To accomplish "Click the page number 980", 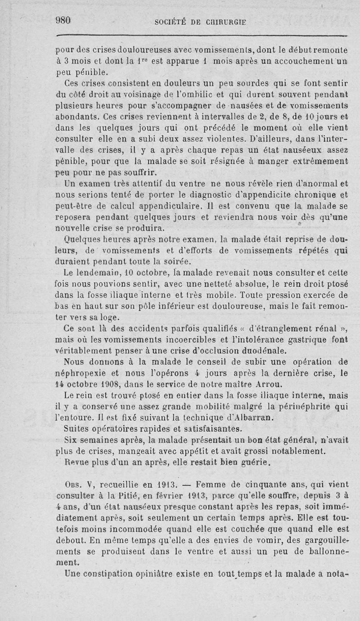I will click(x=64, y=20).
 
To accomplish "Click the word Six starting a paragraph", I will click(x=72, y=439).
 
